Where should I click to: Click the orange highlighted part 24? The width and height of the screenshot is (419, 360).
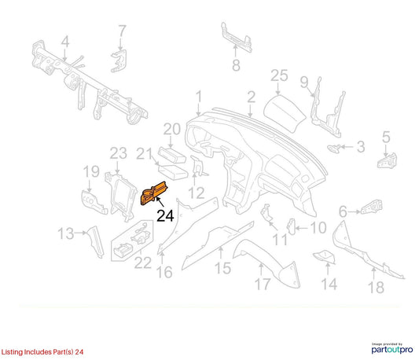[x=153, y=193]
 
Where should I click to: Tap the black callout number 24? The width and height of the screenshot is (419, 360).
[x=165, y=216]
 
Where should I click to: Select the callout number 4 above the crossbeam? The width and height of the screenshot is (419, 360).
[x=65, y=42]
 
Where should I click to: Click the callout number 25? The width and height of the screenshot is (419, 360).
[x=279, y=75]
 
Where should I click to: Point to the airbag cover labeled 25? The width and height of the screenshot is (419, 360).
[x=285, y=114]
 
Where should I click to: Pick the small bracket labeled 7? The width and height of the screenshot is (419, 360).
[x=119, y=61]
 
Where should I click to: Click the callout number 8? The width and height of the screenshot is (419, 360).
[x=236, y=65]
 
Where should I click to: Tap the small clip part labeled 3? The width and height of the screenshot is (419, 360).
[x=334, y=148]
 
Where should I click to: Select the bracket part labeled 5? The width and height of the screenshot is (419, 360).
[x=387, y=160]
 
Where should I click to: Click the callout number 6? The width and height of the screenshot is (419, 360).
[x=343, y=211]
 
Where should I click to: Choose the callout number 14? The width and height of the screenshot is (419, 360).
[x=329, y=284]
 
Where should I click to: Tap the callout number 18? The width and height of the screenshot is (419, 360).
[x=377, y=288]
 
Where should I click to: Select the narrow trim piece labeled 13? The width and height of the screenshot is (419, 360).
[x=96, y=241]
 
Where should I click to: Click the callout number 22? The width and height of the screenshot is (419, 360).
[x=143, y=263]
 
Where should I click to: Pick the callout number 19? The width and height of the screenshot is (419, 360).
[x=91, y=171]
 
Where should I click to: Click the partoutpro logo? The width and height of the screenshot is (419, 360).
[x=392, y=348]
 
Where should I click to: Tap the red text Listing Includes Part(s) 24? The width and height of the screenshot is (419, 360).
[x=42, y=352]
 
